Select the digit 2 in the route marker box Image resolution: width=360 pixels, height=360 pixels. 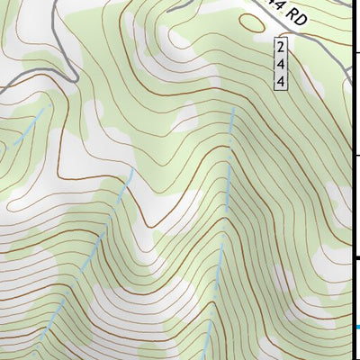(282, 46)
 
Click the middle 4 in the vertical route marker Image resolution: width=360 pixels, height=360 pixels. (282, 63)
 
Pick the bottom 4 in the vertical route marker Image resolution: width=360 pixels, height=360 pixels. (282, 81)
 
